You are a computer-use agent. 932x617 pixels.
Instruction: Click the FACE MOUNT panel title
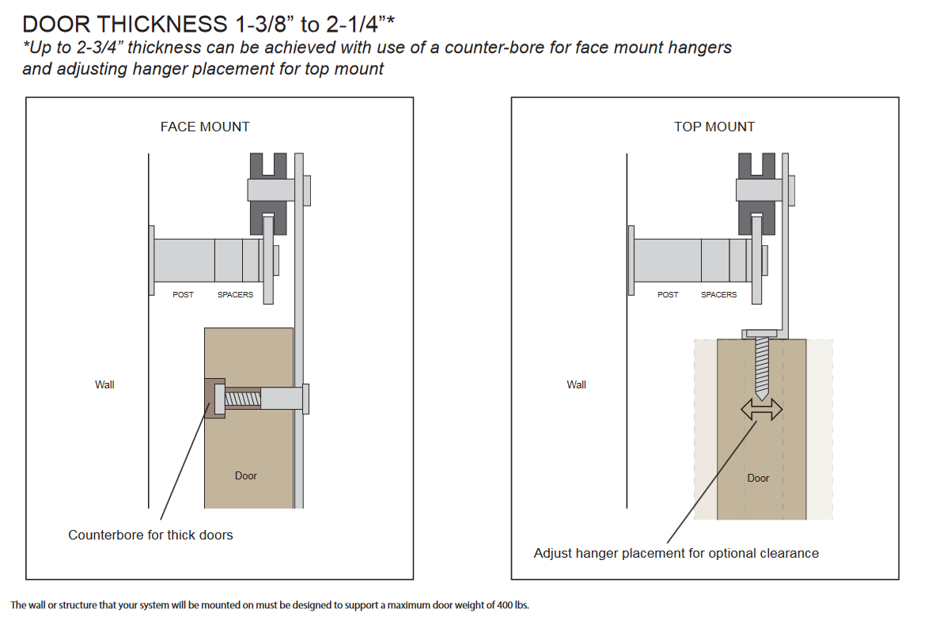205,127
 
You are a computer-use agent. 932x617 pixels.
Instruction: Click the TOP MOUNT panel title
714,127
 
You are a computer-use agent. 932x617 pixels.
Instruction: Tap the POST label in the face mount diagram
183,295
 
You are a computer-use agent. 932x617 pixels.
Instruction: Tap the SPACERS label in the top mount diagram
718,295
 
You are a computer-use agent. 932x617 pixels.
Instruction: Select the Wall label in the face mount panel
104,385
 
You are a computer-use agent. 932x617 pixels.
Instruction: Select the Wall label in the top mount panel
577,385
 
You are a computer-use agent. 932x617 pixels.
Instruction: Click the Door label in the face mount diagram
246,476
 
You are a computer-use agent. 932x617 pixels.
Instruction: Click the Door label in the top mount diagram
758,479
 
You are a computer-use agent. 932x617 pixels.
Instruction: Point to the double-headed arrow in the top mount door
761,410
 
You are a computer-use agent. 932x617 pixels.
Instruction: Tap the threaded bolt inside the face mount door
243,398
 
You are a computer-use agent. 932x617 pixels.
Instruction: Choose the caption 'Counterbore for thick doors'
150,536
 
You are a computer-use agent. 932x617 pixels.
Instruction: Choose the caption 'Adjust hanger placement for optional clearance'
676,554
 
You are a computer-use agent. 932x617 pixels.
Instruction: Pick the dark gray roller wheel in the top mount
756,191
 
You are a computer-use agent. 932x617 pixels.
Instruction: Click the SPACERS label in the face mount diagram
235,295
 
